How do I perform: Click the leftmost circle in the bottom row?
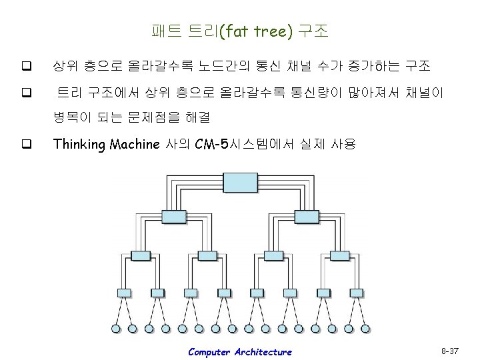pos(116,328)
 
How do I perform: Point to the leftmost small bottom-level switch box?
pos(124,292)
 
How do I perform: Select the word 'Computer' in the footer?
pos(209,352)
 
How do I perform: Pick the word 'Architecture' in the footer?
pos(263,352)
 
